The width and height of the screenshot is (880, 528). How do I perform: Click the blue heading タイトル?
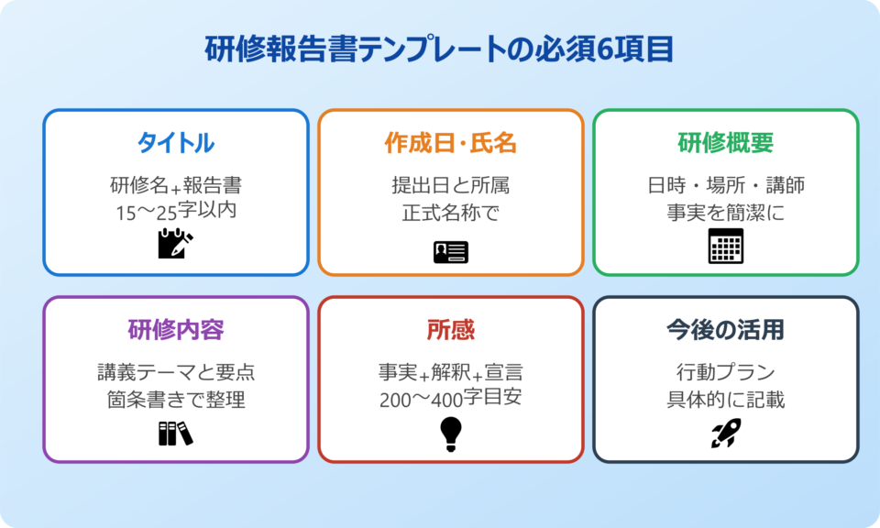176,143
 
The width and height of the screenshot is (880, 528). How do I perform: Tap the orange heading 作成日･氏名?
451,143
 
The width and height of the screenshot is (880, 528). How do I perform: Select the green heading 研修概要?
726,143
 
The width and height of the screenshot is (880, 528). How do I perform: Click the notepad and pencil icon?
175,243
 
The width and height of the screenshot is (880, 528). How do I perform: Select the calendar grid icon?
726,246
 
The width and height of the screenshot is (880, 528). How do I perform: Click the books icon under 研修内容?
175,433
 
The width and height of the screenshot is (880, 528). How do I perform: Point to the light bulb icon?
451,434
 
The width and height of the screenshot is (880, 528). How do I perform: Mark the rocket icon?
726,433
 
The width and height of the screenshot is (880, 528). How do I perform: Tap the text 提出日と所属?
451,186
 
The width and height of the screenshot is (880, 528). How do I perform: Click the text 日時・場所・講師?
726,186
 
